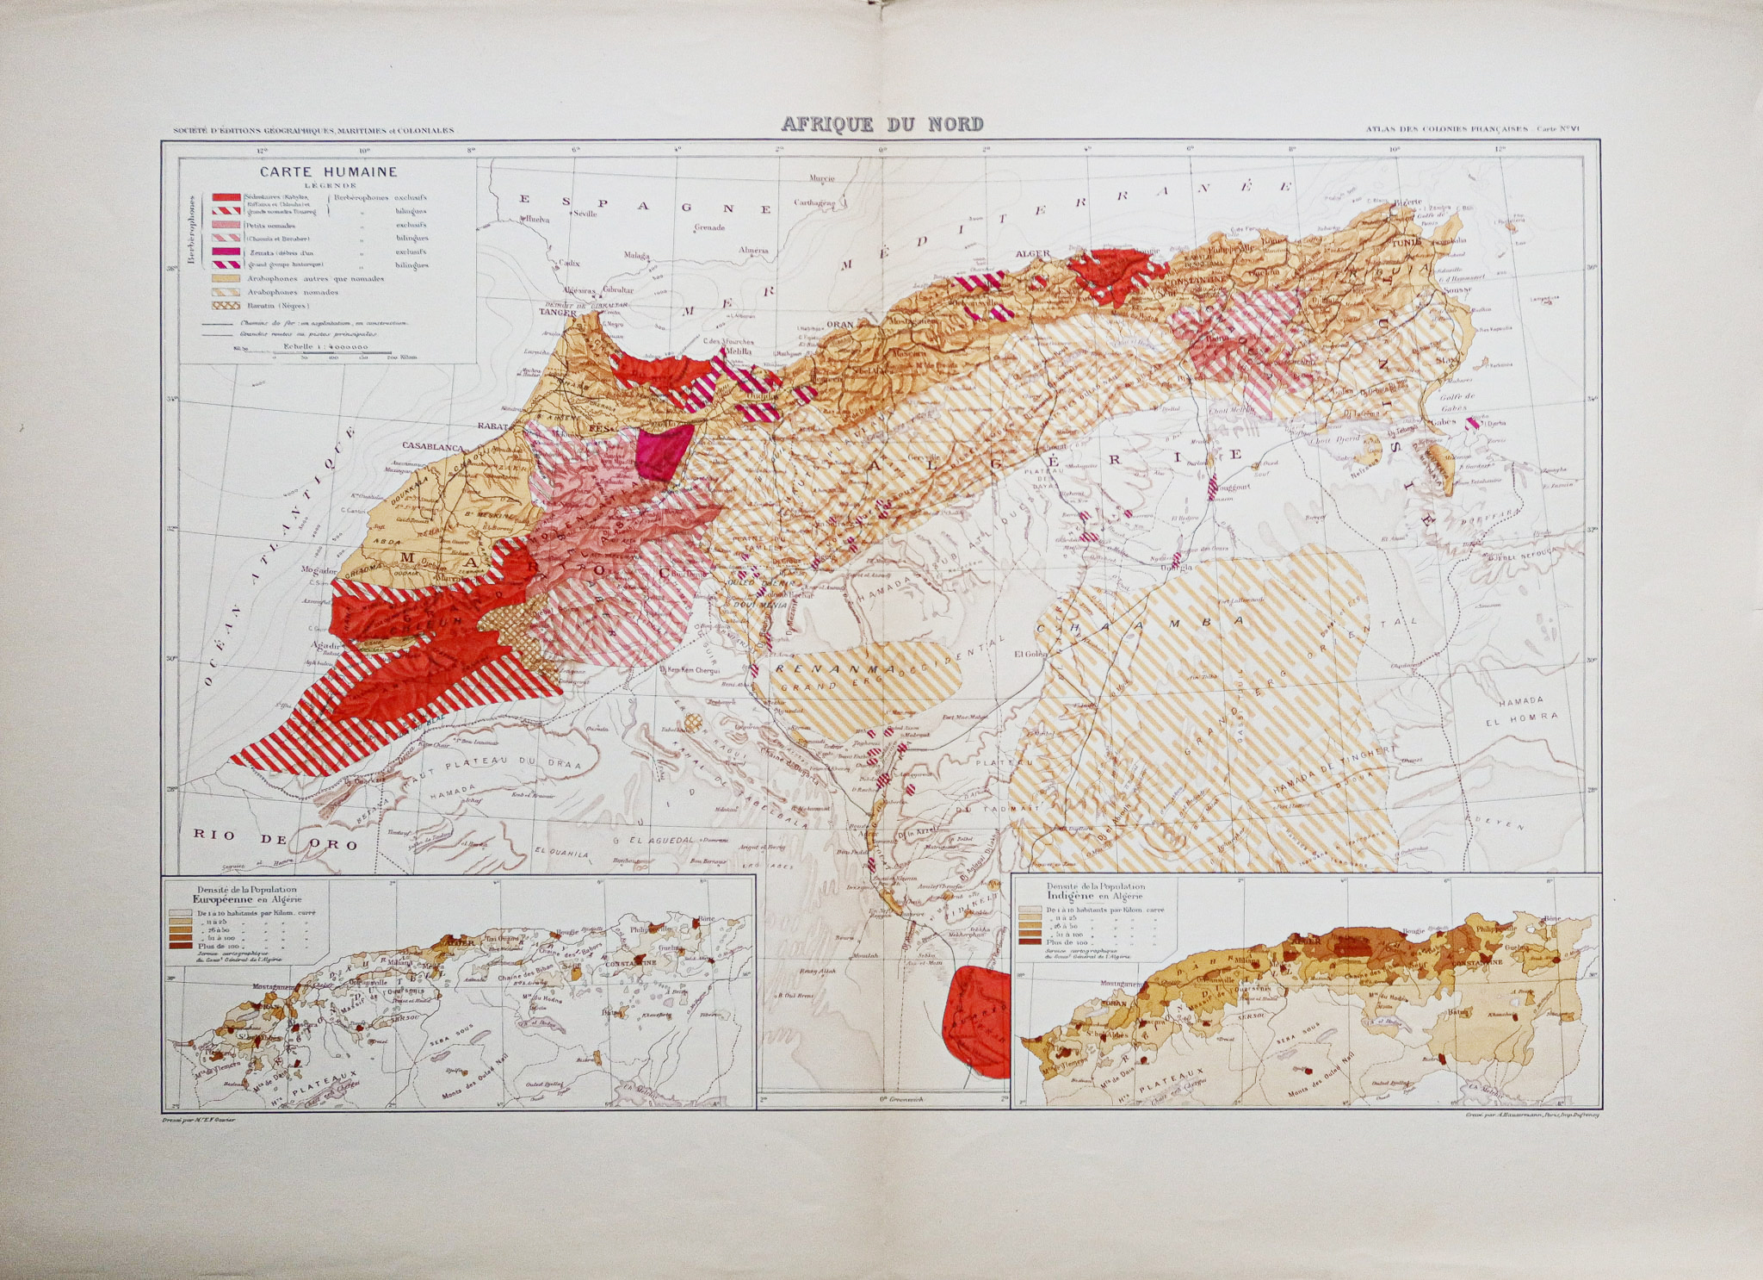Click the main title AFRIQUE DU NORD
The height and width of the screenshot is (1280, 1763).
pos(881,124)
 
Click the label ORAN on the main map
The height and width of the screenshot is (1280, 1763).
pos(838,325)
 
